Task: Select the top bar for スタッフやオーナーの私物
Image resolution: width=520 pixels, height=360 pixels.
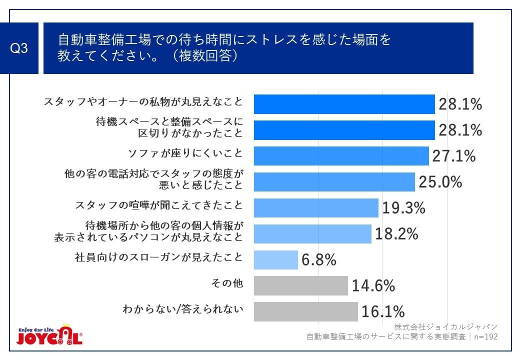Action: point(344,104)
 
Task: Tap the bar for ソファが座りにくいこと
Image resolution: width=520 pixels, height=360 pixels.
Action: point(341,155)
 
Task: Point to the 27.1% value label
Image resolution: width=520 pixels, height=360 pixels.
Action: point(453,156)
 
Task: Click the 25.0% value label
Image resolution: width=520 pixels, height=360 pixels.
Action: point(440,182)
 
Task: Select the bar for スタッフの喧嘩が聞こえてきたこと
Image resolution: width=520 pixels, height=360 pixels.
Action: point(316,208)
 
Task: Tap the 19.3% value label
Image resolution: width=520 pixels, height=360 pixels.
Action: point(403,208)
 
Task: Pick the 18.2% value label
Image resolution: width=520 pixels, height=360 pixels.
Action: point(396,234)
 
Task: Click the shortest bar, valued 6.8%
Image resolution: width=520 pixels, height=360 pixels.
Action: point(275,260)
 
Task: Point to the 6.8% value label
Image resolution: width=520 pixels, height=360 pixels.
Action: point(318,260)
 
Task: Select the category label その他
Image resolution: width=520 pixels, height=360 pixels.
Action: point(227,283)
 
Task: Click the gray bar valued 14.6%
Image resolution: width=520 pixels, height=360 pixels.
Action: point(300,285)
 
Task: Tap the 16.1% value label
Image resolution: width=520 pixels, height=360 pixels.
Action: point(382,312)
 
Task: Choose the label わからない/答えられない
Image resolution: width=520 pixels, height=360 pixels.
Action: point(183,309)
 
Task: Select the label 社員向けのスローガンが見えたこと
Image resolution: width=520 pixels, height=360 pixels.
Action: point(158,257)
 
